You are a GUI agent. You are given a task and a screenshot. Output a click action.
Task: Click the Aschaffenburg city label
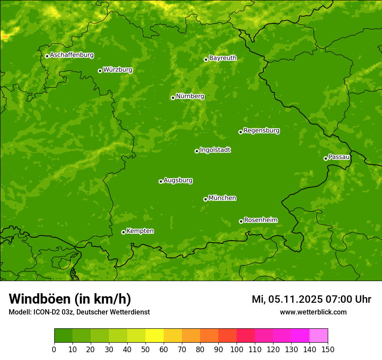72,55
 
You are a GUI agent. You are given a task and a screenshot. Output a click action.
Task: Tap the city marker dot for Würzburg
100,71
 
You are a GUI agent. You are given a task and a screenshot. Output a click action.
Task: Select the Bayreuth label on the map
223,58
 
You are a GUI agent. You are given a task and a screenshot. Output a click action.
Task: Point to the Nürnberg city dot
173,98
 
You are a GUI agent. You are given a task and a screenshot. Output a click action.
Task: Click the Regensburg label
261,131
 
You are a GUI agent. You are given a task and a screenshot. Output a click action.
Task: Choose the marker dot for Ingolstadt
197,151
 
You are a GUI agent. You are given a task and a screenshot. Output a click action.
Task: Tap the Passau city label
339,157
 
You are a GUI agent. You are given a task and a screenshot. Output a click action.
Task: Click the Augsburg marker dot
161,181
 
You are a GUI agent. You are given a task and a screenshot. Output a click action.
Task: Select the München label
222,198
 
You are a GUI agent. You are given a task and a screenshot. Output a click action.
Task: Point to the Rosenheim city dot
241,221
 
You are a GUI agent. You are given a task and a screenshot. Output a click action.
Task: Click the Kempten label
140,231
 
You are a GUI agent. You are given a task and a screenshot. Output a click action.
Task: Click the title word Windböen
40,299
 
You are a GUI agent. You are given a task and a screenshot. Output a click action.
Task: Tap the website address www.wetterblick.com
313,312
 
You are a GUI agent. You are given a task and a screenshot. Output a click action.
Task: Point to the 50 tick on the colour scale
145,349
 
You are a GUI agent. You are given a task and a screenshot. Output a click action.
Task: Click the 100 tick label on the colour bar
237,349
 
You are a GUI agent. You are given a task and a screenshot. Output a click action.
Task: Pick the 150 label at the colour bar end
328,349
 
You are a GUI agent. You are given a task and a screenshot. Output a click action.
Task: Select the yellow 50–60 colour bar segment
155,335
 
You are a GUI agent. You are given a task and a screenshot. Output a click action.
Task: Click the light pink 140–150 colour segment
319,335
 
